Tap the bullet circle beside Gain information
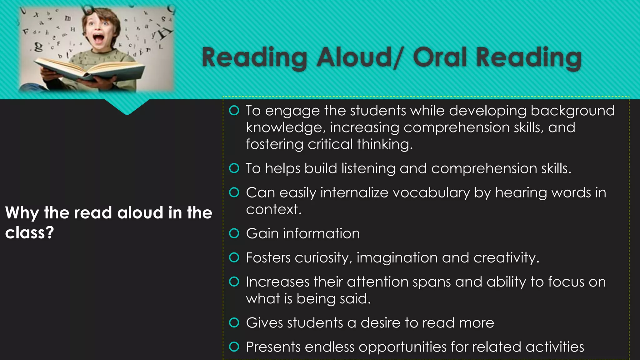234,233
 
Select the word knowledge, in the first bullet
286,128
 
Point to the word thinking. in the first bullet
385,145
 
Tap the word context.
274,210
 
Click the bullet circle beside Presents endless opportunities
234,347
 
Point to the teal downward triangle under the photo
127,106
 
